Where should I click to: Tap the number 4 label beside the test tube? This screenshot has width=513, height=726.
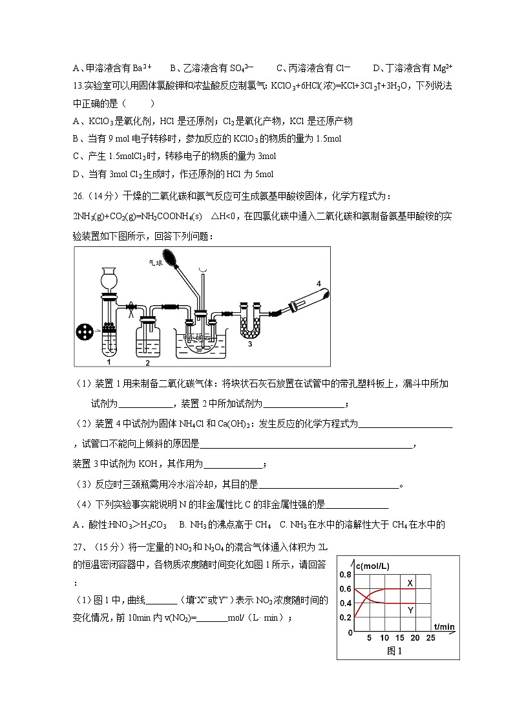(x=318, y=283)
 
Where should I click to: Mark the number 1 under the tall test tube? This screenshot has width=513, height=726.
(x=109, y=363)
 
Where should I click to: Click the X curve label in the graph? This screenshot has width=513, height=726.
(x=410, y=583)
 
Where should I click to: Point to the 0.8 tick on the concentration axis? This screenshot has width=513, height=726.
(x=345, y=575)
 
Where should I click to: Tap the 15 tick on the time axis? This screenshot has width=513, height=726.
(x=399, y=638)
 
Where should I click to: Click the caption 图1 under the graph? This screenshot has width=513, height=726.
(x=395, y=651)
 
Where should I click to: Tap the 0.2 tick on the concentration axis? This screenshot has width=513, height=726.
(x=345, y=617)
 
